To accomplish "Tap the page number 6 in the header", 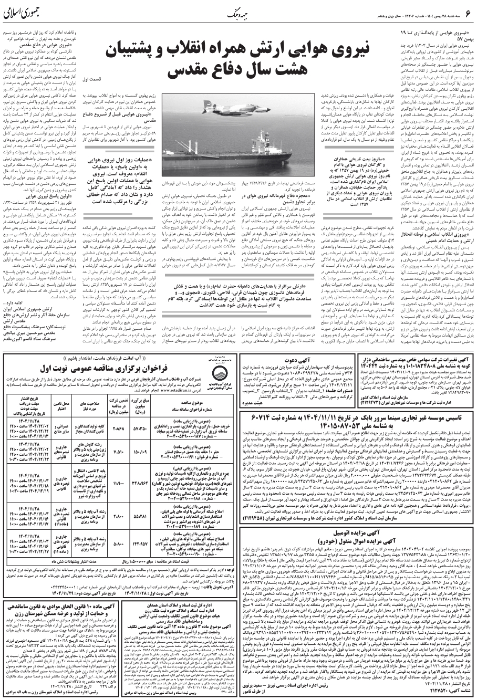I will pos(466,16).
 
